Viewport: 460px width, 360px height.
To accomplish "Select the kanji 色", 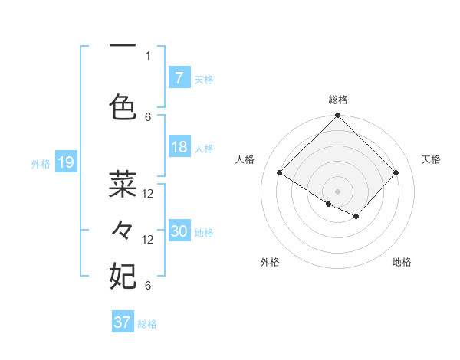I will click(123, 107).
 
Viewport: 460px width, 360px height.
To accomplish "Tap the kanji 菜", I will click(123, 184).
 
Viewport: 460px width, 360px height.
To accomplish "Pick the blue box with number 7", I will click(179, 78).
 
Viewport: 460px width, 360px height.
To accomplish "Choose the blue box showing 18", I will click(179, 147).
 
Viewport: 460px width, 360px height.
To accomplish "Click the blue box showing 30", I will click(179, 232).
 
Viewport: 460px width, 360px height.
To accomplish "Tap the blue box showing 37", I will click(122, 322).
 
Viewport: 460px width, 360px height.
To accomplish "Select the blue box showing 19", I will click(65, 162).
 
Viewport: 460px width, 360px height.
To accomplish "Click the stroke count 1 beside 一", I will click(148, 55).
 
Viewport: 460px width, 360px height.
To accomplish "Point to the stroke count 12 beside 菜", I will click(148, 194).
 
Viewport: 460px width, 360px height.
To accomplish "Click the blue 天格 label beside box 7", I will click(204, 79).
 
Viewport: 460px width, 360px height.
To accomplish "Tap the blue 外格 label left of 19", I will click(41, 163).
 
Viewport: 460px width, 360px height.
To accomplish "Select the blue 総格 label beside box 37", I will click(147, 323).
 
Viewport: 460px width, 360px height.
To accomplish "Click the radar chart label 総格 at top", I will click(338, 100).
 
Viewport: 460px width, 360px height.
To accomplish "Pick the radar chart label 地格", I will click(402, 262).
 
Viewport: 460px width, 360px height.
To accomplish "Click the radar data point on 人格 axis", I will click(280, 173).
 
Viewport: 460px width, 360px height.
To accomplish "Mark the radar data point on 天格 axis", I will click(396, 173).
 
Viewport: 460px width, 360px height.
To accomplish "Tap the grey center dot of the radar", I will click(338, 191).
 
